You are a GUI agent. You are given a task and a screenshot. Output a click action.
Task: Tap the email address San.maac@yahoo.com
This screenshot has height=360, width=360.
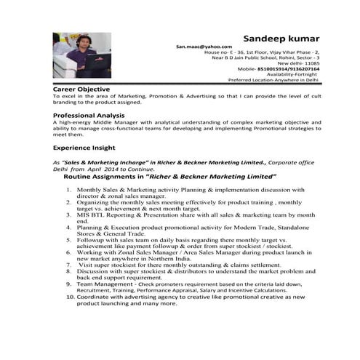tap(198, 47)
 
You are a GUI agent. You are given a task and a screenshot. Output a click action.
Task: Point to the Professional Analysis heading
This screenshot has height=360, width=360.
tap(89, 116)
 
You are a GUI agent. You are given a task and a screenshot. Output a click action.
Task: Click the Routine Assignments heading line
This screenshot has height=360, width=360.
tap(170, 177)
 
